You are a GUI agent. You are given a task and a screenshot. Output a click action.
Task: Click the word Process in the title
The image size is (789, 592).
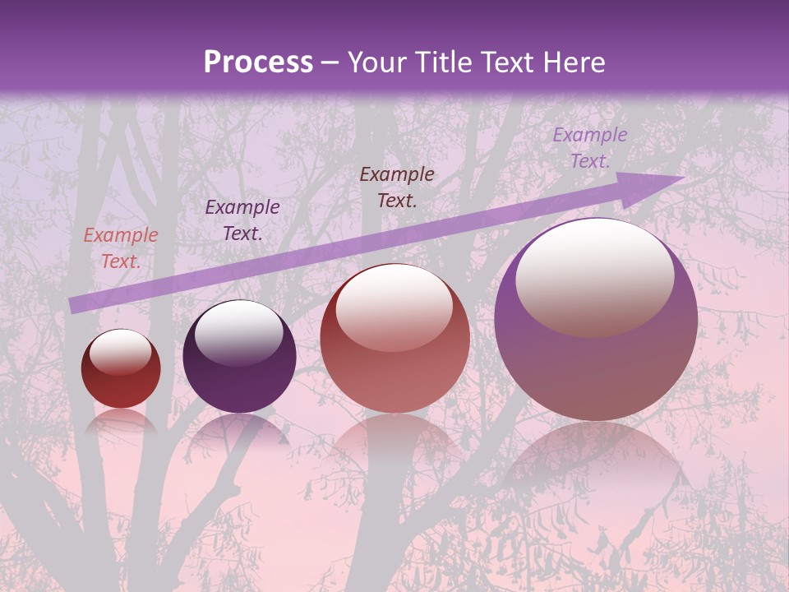(x=258, y=62)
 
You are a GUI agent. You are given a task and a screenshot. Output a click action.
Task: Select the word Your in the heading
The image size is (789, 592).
(x=378, y=62)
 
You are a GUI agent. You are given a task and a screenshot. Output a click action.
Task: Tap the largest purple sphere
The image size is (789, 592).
(x=596, y=362)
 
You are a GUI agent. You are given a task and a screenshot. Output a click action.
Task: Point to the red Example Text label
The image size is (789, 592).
(x=121, y=248)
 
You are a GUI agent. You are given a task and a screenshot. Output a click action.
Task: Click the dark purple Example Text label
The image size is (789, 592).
(x=242, y=220)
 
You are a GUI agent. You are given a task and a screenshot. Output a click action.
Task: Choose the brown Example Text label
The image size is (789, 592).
(x=397, y=187)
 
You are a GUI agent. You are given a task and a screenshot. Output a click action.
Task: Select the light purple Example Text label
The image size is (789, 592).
(x=589, y=148)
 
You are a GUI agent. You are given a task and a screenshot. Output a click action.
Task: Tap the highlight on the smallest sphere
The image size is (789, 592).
(x=120, y=352)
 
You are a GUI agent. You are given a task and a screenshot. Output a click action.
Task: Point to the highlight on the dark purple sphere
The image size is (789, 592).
(x=238, y=331)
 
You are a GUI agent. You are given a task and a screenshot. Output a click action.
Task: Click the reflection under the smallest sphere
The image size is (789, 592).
(x=121, y=421)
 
